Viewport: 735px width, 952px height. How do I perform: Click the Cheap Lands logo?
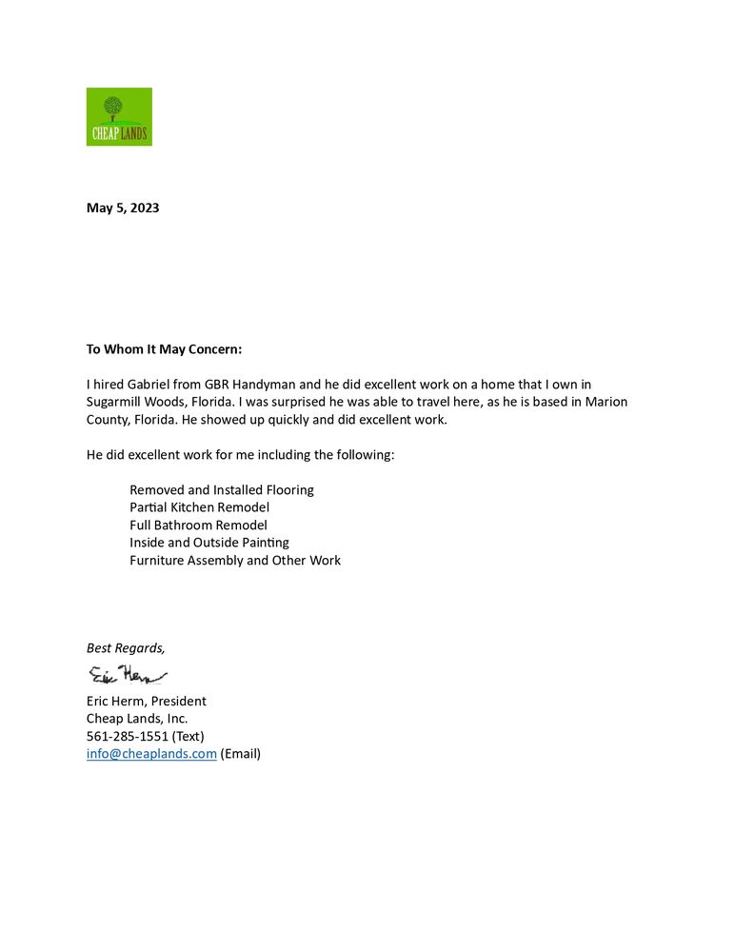[x=119, y=117]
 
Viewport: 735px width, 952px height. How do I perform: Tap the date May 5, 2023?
[x=123, y=208]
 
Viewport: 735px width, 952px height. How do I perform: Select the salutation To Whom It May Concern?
[x=165, y=349]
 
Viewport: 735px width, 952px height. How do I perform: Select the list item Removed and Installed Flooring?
[x=222, y=490]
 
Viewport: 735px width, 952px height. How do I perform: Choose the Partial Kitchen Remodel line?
[x=200, y=507]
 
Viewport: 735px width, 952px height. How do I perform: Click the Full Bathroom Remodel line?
[x=198, y=526]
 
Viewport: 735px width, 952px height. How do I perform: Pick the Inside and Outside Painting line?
[x=209, y=543]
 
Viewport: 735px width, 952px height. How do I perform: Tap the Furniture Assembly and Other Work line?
[x=235, y=561]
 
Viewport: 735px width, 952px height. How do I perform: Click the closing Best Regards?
[x=126, y=648]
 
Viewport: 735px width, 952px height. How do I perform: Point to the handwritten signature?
[x=127, y=676]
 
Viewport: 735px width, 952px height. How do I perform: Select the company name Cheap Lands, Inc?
[x=137, y=719]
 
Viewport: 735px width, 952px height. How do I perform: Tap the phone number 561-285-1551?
[x=128, y=737]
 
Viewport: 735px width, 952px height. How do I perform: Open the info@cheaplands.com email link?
[x=151, y=754]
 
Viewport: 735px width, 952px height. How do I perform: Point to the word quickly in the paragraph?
[x=253, y=420]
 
